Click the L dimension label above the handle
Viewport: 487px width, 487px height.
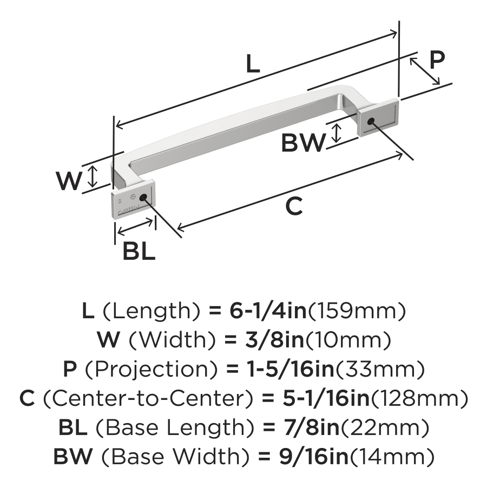pyautogui.click(x=253, y=64)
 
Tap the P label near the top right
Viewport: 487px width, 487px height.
pyautogui.click(x=437, y=60)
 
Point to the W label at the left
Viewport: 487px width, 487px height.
pyautogui.click(x=70, y=181)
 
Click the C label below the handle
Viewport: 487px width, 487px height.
pyautogui.click(x=293, y=206)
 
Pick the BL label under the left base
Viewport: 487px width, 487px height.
pyautogui.click(x=139, y=251)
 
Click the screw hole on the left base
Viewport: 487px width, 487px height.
pyautogui.click(x=144, y=197)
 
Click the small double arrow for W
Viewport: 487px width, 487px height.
pyautogui.click(x=93, y=176)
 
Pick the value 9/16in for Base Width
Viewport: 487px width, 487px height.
pyautogui.click(x=305, y=457)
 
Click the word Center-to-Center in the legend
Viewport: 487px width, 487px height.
pyautogui.click(x=147, y=399)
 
